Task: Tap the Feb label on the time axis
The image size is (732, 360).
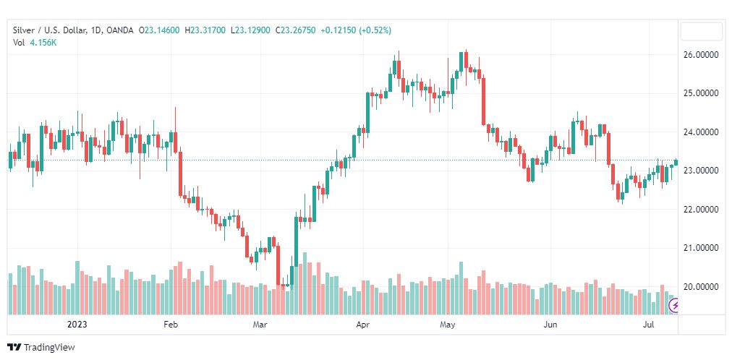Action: coord(171,325)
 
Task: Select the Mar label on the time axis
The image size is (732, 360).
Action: coord(260,325)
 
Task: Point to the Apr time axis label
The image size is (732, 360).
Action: coord(363,325)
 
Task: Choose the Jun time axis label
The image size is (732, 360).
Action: coord(551,325)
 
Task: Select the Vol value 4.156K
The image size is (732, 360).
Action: coord(43,43)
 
